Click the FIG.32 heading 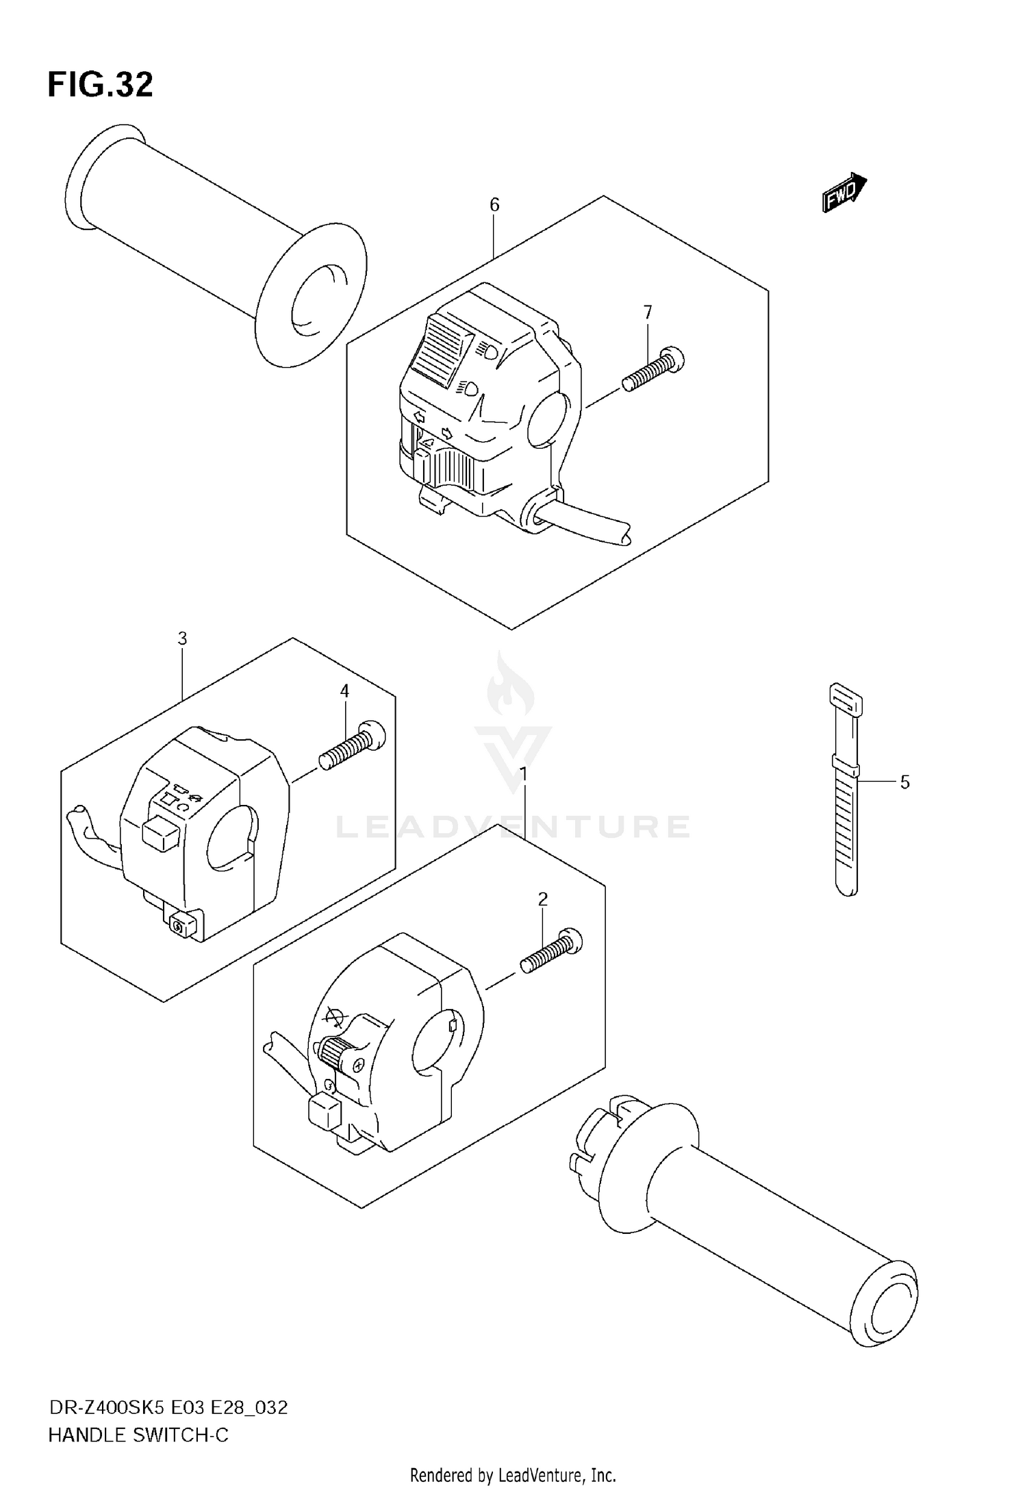(x=100, y=85)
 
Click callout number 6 (x=494, y=205)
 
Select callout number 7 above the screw (x=648, y=312)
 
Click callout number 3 (x=182, y=638)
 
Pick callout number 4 (x=344, y=691)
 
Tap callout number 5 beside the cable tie (x=904, y=782)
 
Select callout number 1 (x=524, y=775)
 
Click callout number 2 (x=543, y=899)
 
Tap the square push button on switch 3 (x=161, y=834)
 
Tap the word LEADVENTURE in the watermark (x=513, y=827)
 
